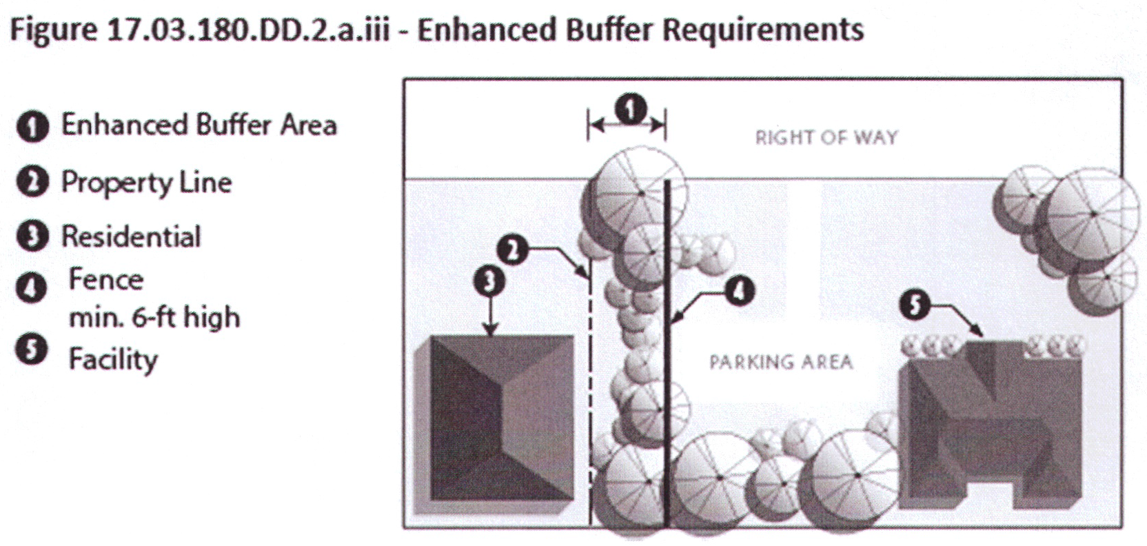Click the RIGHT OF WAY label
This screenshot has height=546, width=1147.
point(826,137)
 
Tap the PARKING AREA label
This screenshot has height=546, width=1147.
point(781,362)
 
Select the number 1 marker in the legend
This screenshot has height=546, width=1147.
point(32,127)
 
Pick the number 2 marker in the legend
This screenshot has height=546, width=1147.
point(32,183)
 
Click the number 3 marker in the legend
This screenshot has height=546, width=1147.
point(32,236)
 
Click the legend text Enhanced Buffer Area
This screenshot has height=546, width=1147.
point(199,125)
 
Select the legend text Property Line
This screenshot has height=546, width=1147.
point(146,183)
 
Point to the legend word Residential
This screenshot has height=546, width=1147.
point(131,236)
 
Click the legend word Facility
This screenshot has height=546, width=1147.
point(113,359)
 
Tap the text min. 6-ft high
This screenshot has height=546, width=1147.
point(154,318)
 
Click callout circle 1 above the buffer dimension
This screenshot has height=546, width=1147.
point(631,110)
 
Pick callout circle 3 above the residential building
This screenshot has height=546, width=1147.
point(489,282)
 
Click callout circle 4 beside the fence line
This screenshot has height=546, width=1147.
point(738,292)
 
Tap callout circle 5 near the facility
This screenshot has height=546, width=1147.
point(915,305)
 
